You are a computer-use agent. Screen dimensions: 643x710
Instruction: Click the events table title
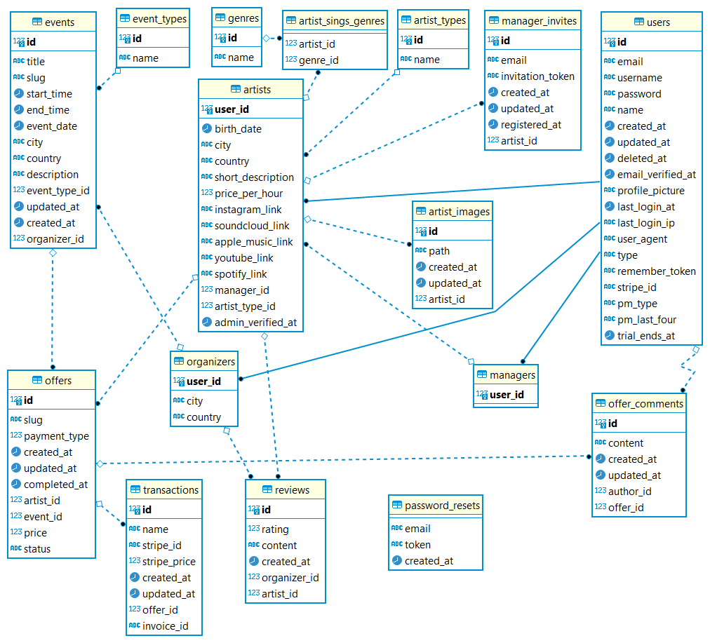click(60, 22)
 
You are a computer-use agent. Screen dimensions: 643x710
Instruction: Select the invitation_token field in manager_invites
click(537, 76)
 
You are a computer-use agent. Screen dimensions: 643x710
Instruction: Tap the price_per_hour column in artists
click(248, 194)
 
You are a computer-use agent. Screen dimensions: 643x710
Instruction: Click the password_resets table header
click(442, 505)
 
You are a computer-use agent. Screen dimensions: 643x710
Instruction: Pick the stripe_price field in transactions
click(168, 562)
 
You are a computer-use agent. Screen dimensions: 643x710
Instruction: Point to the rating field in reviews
click(275, 529)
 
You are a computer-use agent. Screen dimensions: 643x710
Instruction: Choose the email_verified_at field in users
click(656, 175)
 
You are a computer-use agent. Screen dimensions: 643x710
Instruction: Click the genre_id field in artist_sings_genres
click(319, 60)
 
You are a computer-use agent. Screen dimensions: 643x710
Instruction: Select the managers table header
click(512, 375)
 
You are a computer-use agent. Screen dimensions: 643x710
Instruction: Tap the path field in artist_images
click(439, 251)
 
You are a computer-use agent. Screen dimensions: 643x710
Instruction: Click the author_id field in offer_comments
click(629, 492)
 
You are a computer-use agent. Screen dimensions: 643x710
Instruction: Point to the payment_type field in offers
click(56, 436)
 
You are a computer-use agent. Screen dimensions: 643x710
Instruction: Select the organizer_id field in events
click(55, 239)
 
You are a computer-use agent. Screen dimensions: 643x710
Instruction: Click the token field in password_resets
click(418, 545)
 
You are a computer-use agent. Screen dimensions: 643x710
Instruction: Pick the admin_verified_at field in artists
click(255, 323)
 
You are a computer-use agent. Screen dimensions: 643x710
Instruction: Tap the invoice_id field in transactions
click(165, 626)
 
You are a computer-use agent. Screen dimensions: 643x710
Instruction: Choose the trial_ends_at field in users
click(645, 336)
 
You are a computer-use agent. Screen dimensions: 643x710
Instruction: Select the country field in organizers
click(203, 417)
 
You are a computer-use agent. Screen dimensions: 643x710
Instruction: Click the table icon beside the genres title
click(220, 18)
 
